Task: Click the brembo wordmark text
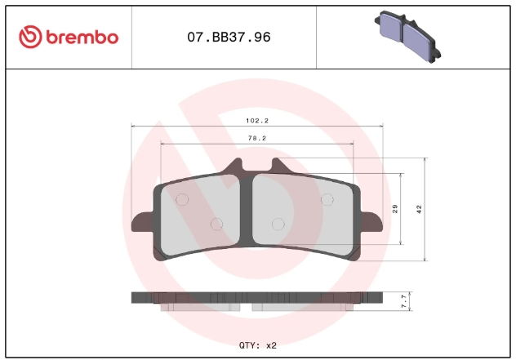[82, 38]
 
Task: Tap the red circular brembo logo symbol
[30, 37]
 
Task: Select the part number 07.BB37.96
[229, 38]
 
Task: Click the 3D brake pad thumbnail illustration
[407, 37]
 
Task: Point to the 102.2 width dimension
[257, 121]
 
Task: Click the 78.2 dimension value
[257, 138]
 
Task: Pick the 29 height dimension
[395, 209]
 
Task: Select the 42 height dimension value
[419, 209]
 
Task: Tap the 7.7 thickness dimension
[404, 301]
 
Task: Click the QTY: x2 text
[258, 345]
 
